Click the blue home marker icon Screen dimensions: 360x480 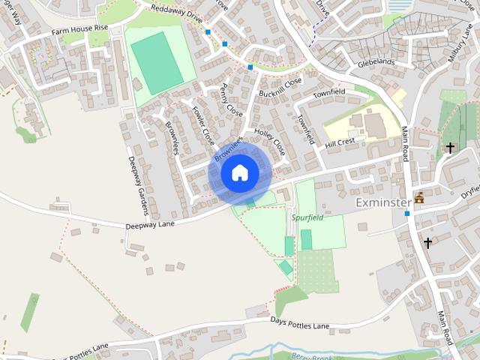tap(239, 172)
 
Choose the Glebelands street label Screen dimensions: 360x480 tap(376, 64)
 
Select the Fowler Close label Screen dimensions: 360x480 tap(202, 124)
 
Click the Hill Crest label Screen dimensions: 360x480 tap(340, 142)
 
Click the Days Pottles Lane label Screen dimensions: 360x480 tap(300, 322)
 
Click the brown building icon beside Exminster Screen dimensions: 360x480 tap(418, 198)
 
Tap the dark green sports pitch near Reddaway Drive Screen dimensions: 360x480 tap(157, 63)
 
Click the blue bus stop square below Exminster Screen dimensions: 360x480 tap(407, 214)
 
